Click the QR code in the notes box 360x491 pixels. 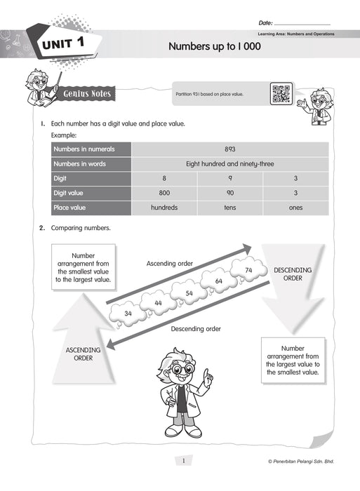[x=280, y=93]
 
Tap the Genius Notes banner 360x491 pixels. [x=86, y=93]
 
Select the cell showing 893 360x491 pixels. [x=229, y=149]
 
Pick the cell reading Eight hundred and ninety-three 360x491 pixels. [x=229, y=163]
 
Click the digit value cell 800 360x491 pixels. [x=164, y=193]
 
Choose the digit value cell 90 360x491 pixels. [x=229, y=193]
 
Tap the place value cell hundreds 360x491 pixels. [x=164, y=208]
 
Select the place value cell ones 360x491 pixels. [x=295, y=208]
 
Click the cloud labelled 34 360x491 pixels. [x=128, y=313]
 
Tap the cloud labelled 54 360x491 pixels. [x=189, y=292]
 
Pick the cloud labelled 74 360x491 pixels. [x=248, y=270]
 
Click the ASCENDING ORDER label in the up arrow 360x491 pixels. [x=83, y=354]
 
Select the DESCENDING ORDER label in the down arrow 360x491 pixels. [x=293, y=274]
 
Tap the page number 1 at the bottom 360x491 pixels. [x=182, y=460]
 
